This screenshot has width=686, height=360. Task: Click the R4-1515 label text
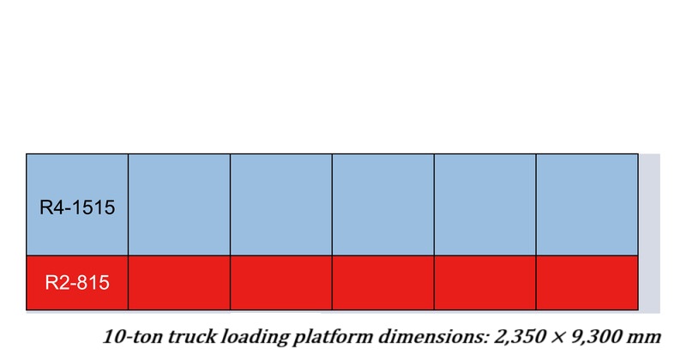77,207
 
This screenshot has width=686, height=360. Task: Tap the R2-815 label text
77,283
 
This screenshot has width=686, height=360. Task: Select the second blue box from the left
179,205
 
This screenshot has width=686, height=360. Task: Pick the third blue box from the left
281,205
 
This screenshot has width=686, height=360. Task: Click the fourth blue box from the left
382,205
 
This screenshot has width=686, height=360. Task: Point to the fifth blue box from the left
484,205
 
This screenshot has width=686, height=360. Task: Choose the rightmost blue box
587,205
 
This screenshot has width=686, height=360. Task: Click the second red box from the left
179,283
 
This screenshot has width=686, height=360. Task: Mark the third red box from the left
281,283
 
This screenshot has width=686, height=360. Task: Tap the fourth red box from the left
382,283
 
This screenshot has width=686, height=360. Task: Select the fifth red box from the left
484,283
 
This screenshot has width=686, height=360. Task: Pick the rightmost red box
587,283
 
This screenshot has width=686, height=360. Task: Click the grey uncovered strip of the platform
649,233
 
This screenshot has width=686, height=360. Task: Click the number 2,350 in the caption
521,337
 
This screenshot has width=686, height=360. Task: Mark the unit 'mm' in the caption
644,338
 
